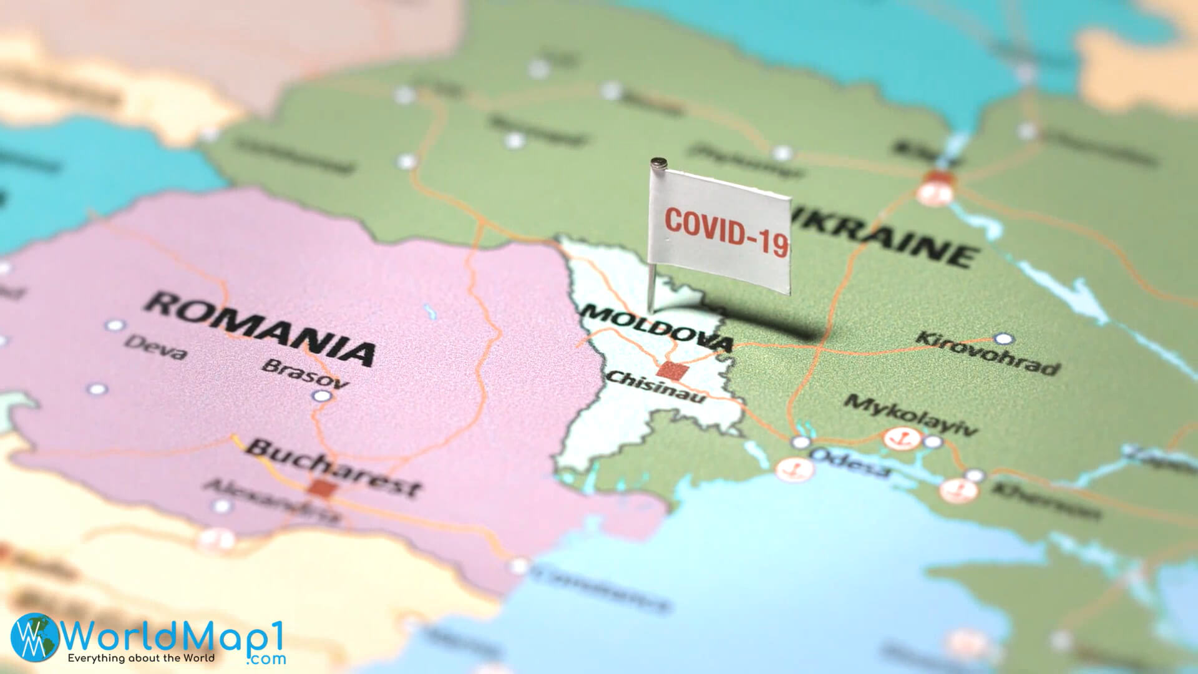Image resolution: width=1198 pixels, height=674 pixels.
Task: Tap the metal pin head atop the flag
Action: (x=657, y=164)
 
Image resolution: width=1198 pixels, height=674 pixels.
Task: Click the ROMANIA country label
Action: (x=260, y=327)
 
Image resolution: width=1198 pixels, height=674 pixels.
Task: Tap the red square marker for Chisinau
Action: (x=672, y=371)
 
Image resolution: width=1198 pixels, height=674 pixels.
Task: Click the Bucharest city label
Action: (x=334, y=466)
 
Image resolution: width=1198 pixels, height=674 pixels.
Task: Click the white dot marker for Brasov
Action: (x=321, y=396)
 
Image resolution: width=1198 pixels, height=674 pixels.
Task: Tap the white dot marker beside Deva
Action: (x=115, y=325)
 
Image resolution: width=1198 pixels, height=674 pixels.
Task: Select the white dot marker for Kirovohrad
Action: (x=1003, y=339)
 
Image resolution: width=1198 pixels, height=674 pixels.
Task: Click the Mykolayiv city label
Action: (x=910, y=414)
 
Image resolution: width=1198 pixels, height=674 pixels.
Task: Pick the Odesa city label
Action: (x=850, y=462)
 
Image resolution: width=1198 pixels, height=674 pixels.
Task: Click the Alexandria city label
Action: (x=272, y=499)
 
